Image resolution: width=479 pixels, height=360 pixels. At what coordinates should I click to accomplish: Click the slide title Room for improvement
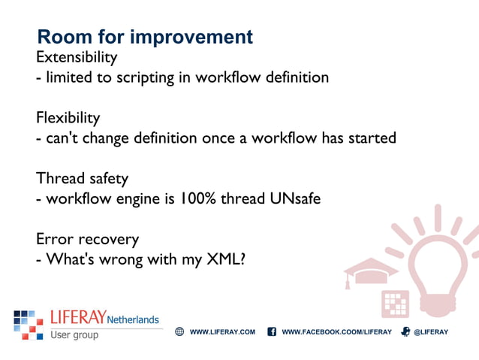[x=145, y=37]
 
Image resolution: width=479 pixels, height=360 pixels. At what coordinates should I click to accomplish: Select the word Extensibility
[x=77, y=57]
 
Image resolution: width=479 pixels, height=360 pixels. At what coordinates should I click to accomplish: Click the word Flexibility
[x=68, y=118]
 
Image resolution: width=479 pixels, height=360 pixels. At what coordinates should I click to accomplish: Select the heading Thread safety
[x=82, y=179]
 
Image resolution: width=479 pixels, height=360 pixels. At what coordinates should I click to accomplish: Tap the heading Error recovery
[x=87, y=239]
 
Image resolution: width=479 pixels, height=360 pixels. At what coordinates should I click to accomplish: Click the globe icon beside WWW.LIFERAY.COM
[x=179, y=331]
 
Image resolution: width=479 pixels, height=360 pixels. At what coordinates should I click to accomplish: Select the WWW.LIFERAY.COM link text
[x=222, y=331]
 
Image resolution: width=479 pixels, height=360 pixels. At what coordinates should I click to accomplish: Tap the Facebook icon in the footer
[x=272, y=331]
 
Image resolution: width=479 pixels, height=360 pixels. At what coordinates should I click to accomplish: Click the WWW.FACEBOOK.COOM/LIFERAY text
[x=336, y=331]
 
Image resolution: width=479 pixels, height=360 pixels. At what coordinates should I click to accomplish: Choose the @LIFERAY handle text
[x=431, y=331]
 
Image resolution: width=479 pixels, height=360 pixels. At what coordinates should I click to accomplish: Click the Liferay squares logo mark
[x=29, y=324]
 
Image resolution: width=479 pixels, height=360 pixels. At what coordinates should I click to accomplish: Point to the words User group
[x=74, y=334]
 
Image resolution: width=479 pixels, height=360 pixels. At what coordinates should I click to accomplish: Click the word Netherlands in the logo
[x=133, y=319]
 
